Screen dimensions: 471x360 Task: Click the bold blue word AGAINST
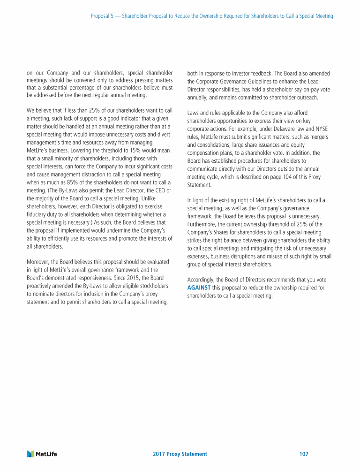(x=199, y=287)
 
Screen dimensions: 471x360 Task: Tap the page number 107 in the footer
(x=303, y=454)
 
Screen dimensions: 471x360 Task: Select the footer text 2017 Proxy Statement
(x=180, y=454)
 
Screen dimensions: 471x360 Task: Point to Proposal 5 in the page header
(x=104, y=16)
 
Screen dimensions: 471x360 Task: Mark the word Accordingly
(x=202, y=280)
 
